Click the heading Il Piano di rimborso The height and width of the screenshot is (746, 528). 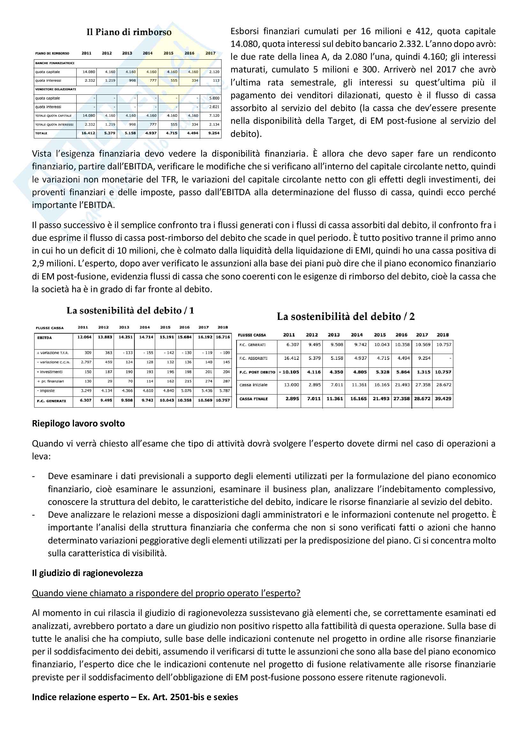click(129, 32)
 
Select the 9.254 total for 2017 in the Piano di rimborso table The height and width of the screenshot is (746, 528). click(214, 133)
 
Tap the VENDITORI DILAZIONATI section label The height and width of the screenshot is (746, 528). click(56, 89)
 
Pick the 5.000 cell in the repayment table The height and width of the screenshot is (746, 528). click(214, 98)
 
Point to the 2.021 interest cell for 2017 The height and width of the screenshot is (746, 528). click(214, 107)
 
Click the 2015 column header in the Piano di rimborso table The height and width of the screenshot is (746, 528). click(168, 53)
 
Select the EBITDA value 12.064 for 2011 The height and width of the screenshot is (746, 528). click(84, 337)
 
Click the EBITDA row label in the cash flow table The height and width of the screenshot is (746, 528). click(45, 338)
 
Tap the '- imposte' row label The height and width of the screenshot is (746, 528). click(46, 391)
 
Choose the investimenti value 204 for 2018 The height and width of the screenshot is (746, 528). click(226, 372)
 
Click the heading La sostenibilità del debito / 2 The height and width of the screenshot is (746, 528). click(346, 317)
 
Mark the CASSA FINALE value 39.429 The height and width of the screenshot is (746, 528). click(443, 399)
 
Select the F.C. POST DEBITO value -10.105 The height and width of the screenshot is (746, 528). click(289, 372)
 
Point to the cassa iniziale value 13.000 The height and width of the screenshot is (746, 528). click(291, 385)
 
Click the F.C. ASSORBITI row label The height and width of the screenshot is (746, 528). click(253, 358)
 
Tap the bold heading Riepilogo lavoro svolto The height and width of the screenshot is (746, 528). click(78, 424)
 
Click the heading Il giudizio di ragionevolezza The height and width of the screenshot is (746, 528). click(87, 573)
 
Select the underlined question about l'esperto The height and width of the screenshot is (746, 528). click(166, 593)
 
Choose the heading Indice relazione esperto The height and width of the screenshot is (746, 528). click(135, 697)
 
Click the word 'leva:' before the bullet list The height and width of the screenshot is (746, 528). click(41, 456)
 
